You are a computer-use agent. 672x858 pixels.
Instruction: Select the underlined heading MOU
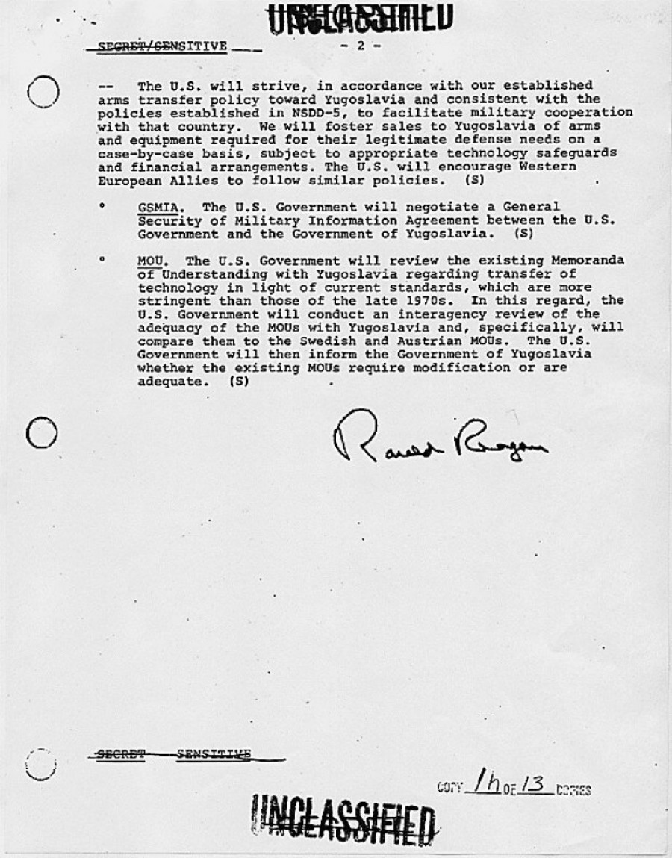(x=152, y=261)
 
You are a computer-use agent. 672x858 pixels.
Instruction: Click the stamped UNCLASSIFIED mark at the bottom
(x=343, y=820)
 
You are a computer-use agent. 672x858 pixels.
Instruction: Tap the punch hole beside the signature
(x=42, y=433)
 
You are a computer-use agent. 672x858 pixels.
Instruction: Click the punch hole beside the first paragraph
(x=43, y=93)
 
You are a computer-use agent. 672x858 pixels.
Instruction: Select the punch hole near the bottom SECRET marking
(x=41, y=763)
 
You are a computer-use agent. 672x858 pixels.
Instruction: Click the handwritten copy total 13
(x=536, y=785)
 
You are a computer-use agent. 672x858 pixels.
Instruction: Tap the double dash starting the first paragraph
(x=106, y=86)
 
